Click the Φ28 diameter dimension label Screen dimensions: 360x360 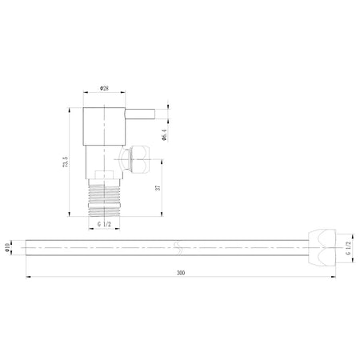(104, 88)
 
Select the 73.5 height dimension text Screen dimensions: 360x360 (66, 162)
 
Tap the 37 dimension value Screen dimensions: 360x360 (158, 188)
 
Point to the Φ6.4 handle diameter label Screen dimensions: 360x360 (164, 134)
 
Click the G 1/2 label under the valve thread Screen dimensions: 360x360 (104, 224)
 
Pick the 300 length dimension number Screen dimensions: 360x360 (181, 273)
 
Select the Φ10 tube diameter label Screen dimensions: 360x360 (7, 248)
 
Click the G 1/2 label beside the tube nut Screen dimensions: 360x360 (348, 248)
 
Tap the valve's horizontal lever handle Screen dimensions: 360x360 (140, 114)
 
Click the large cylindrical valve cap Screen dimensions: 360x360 (104, 126)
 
